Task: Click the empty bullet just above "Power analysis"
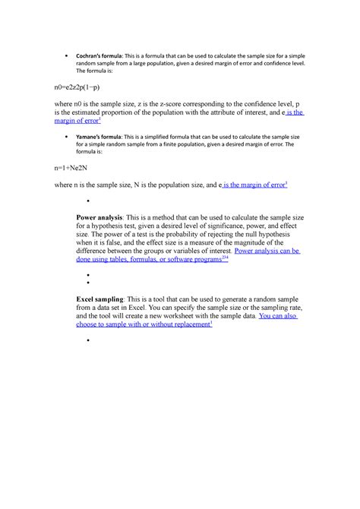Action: [89, 201]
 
